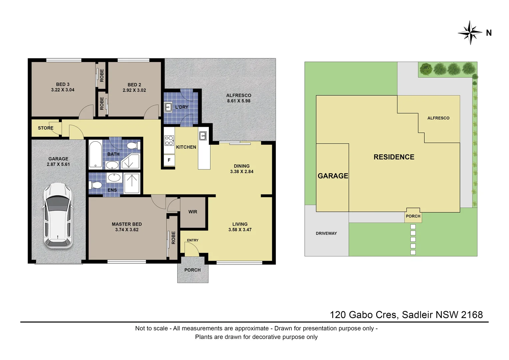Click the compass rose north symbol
tap(470, 33)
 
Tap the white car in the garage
tap(58, 216)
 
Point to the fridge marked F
tap(169, 160)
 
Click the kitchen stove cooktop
tap(169, 140)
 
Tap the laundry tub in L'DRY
tap(169, 107)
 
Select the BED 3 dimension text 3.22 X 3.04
tap(63, 90)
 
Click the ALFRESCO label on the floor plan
tap(239, 95)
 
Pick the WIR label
tap(193, 212)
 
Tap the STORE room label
tap(45, 128)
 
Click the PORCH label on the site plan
tap(413, 216)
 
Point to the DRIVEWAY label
tap(326, 233)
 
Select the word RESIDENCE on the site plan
tap(394, 157)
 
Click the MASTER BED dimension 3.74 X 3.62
tap(127, 230)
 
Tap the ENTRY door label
tap(193, 240)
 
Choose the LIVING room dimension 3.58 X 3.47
tap(240, 230)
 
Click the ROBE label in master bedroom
tap(173, 238)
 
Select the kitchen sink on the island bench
tap(203, 136)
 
